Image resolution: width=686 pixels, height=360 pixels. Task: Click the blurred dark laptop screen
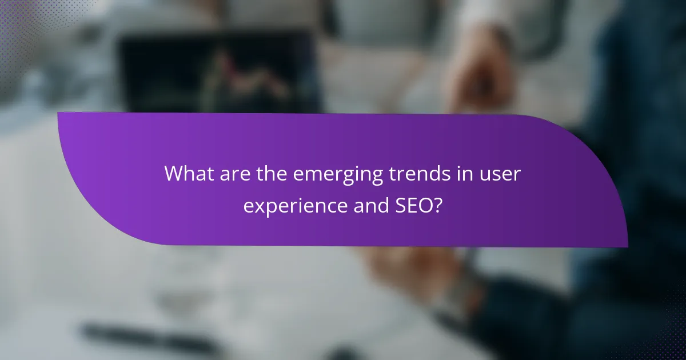(x=217, y=69)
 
